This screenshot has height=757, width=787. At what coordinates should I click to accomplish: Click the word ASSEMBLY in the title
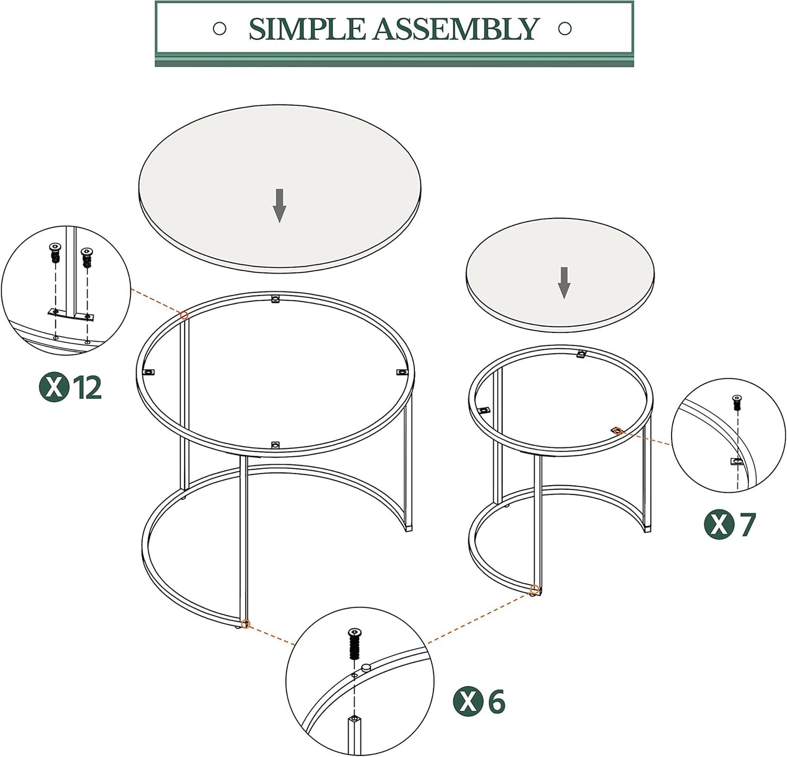(x=456, y=29)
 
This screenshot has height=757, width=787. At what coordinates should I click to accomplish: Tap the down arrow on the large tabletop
(x=279, y=205)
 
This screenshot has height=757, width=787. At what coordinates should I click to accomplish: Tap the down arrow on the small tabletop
(x=564, y=282)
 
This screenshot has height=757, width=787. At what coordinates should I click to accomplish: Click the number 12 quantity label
(x=87, y=387)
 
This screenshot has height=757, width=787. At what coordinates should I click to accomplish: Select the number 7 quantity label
(x=748, y=525)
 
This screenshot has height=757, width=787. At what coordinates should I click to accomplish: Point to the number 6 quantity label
(x=496, y=701)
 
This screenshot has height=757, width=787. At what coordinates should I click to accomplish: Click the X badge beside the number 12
(x=54, y=387)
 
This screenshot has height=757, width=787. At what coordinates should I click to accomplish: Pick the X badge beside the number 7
(x=719, y=525)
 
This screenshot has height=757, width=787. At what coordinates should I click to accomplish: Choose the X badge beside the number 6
(x=468, y=701)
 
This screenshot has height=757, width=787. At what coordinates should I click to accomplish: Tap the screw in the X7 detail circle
(x=737, y=403)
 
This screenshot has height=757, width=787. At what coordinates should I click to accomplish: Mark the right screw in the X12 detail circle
(x=86, y=257)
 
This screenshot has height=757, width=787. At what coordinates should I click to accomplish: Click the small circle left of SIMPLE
(x=219, y=28)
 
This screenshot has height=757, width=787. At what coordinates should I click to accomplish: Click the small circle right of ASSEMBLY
(x=565, y=28)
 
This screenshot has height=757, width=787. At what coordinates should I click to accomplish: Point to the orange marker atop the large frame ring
(x=184, y=316)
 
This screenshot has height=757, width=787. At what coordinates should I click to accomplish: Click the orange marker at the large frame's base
(x=246, y=625)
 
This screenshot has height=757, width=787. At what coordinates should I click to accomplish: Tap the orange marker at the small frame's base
(x=534, y=590)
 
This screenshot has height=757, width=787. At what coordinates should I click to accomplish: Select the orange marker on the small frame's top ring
(x=617, y=431)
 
